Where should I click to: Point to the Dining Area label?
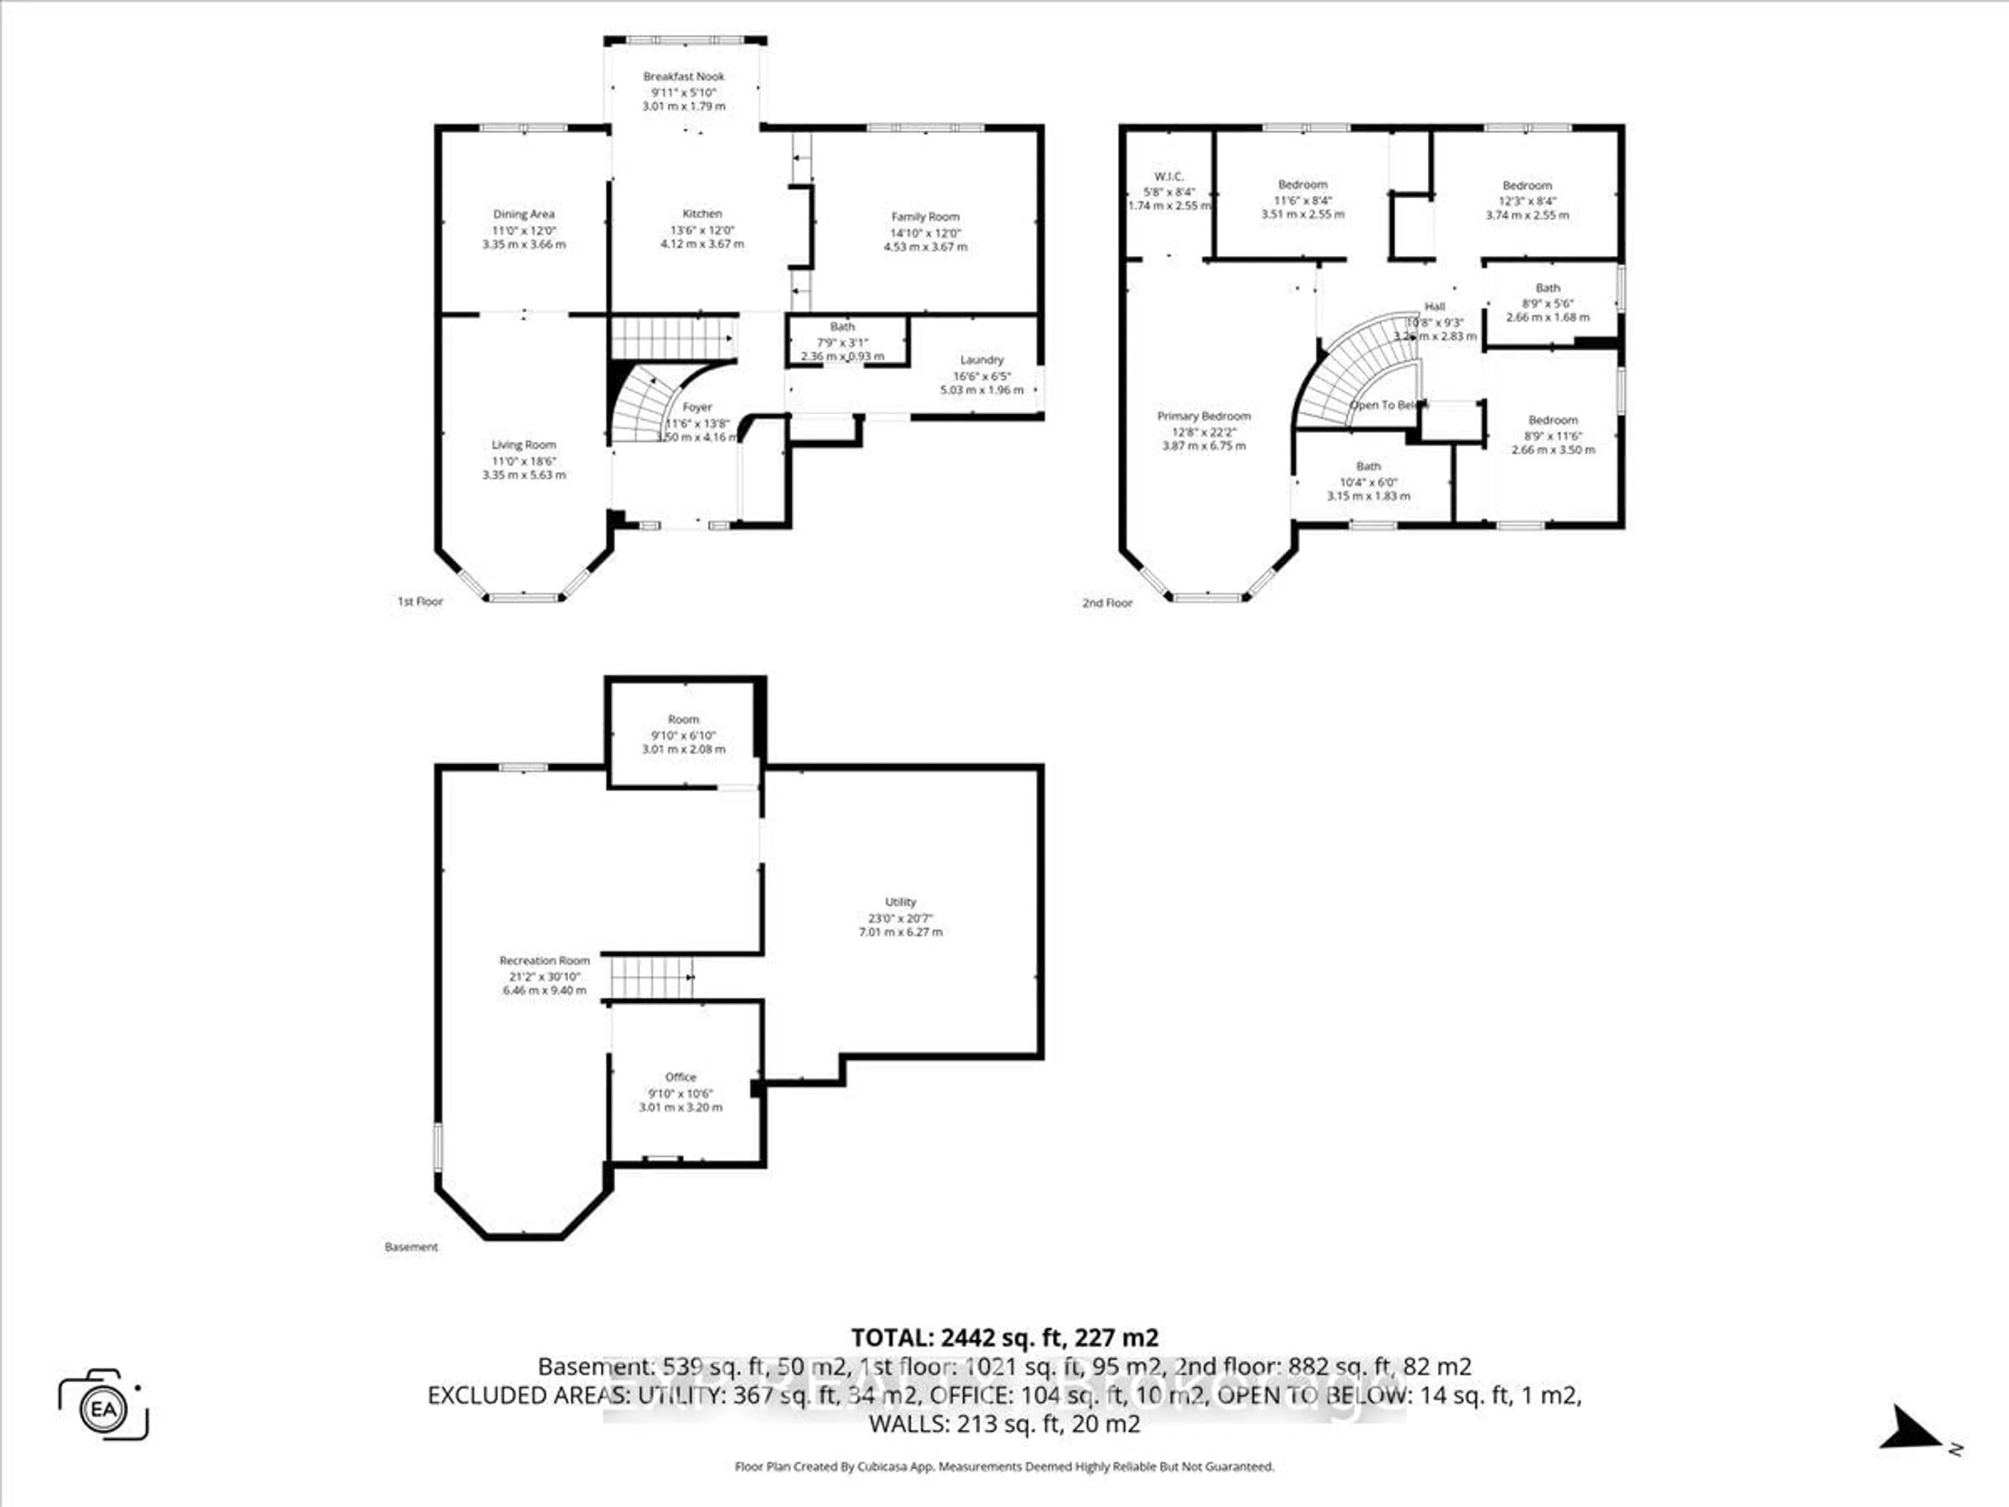click(523, 215)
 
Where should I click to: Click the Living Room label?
click(523, 445)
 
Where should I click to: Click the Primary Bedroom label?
click(1203, 416)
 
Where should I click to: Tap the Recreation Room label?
click(544, 960)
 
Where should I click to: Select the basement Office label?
click(680, 1077)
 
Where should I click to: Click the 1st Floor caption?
click(420, 601)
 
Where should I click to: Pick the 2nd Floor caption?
click(1107, 602)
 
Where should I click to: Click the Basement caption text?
click(411, 1247)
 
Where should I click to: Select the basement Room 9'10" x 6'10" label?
click(683, 719)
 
